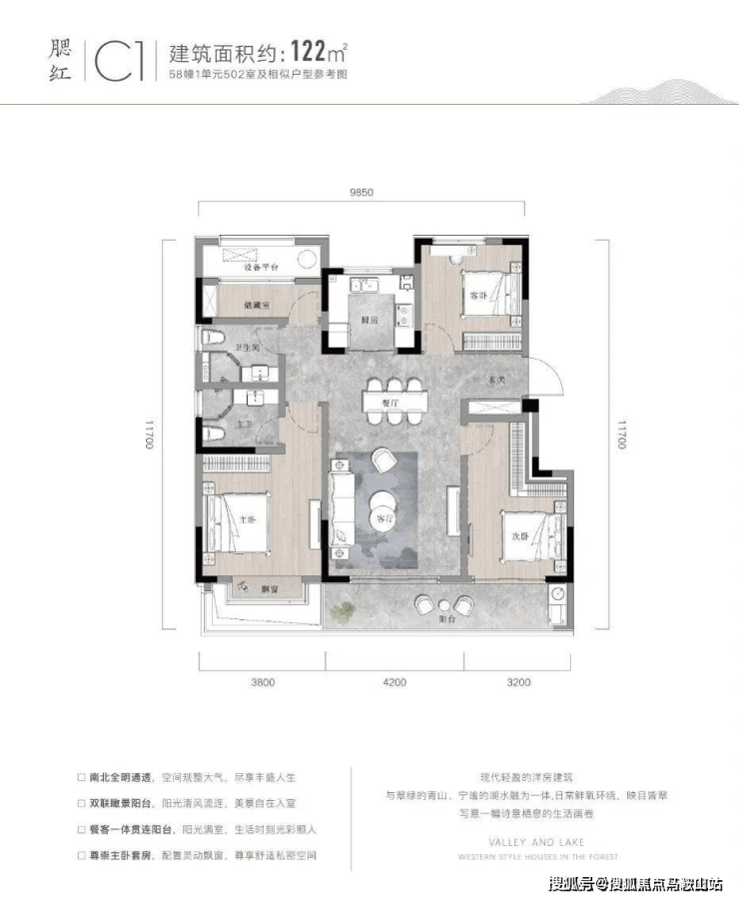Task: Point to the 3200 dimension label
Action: (517, 683)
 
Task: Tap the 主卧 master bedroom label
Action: (248, 519)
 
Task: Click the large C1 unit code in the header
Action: (121, 59)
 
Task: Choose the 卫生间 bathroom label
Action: (247, 348)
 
